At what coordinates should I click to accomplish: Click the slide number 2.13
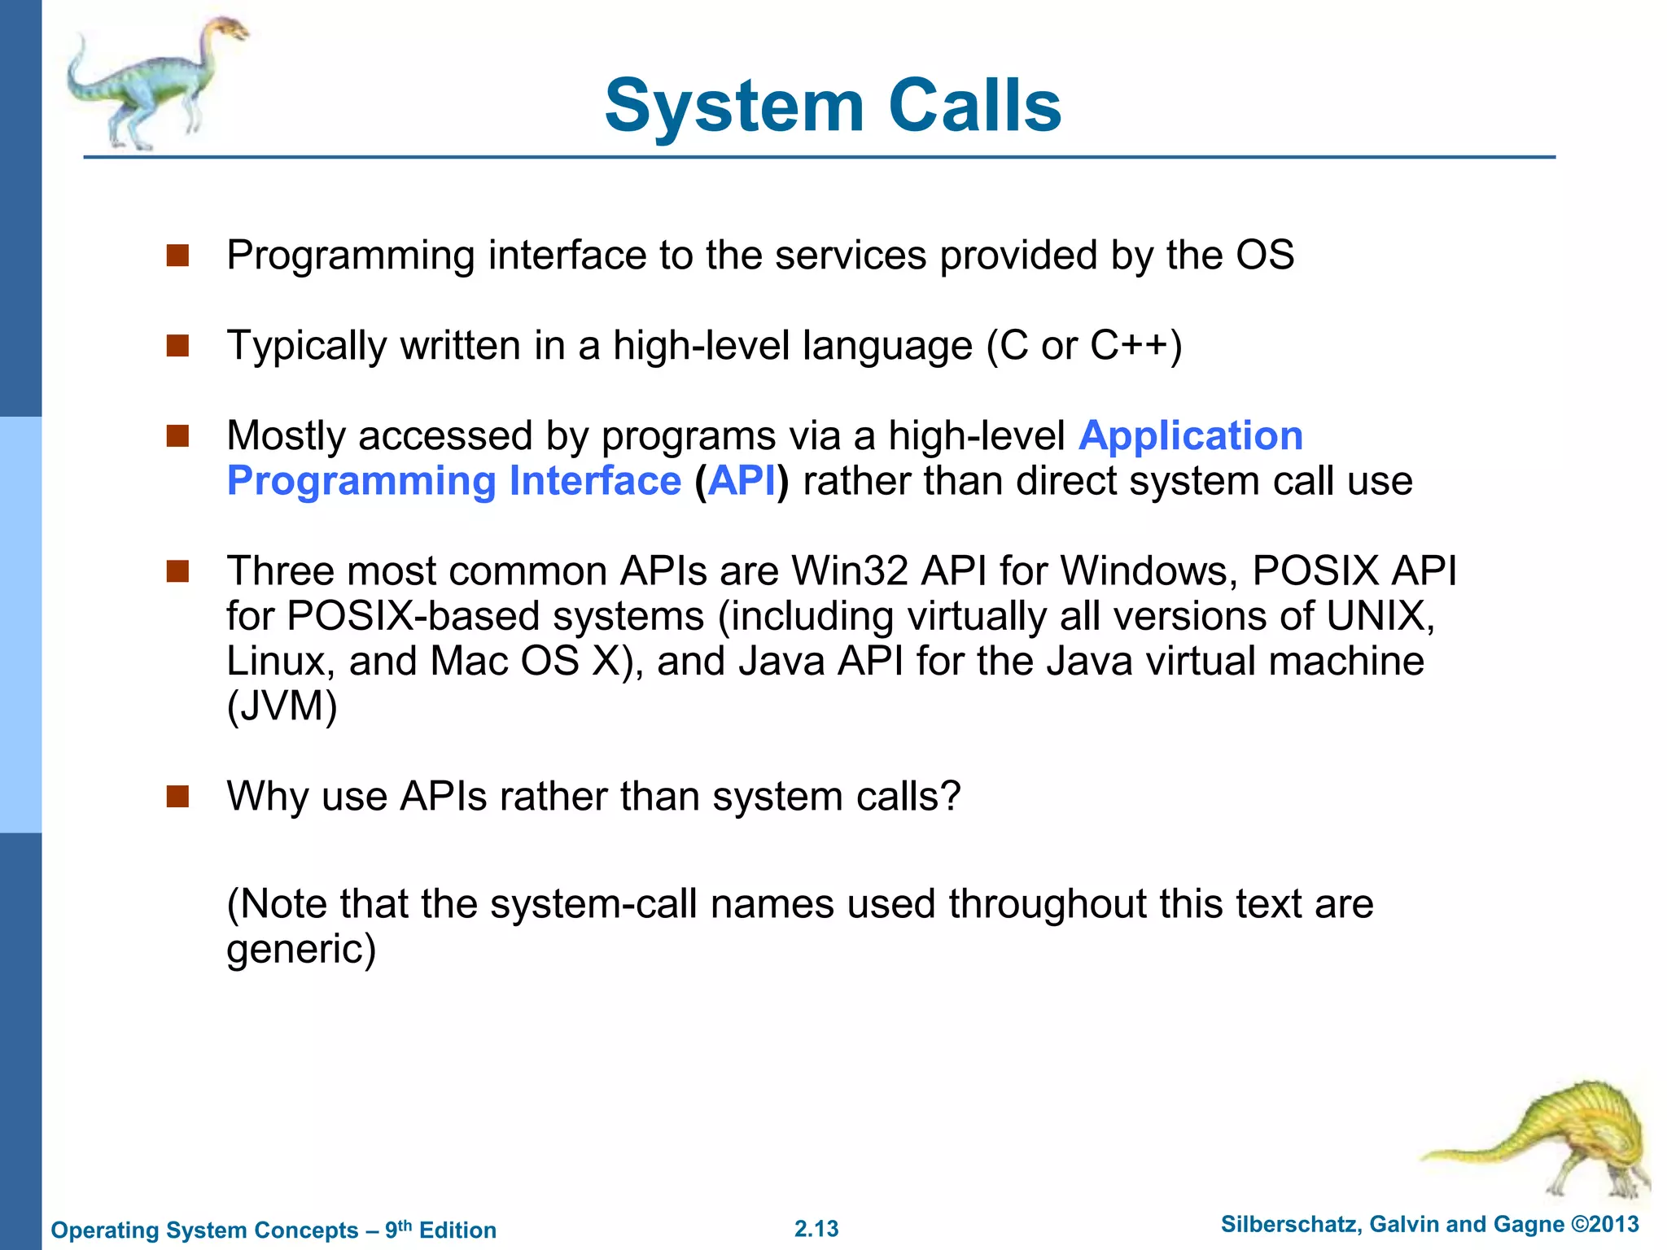click(x=816, y=1229)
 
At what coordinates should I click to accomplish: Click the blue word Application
click(x=1190, y=435)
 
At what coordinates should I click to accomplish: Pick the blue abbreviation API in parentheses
click(x=742, y=481)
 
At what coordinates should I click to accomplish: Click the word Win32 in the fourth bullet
click(x=849, y=570)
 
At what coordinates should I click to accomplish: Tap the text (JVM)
click(x=282, y=706)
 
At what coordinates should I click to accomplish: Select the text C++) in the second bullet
click(x=1135, y=346)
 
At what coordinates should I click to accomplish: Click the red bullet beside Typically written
click(x=177, y=346)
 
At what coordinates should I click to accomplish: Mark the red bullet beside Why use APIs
click(x=177, y=796)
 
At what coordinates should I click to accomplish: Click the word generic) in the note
click(x=301, y=949)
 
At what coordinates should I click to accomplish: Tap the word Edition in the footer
click(x=457, y=1230)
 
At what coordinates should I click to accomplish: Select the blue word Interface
click(x=594, y=481)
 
